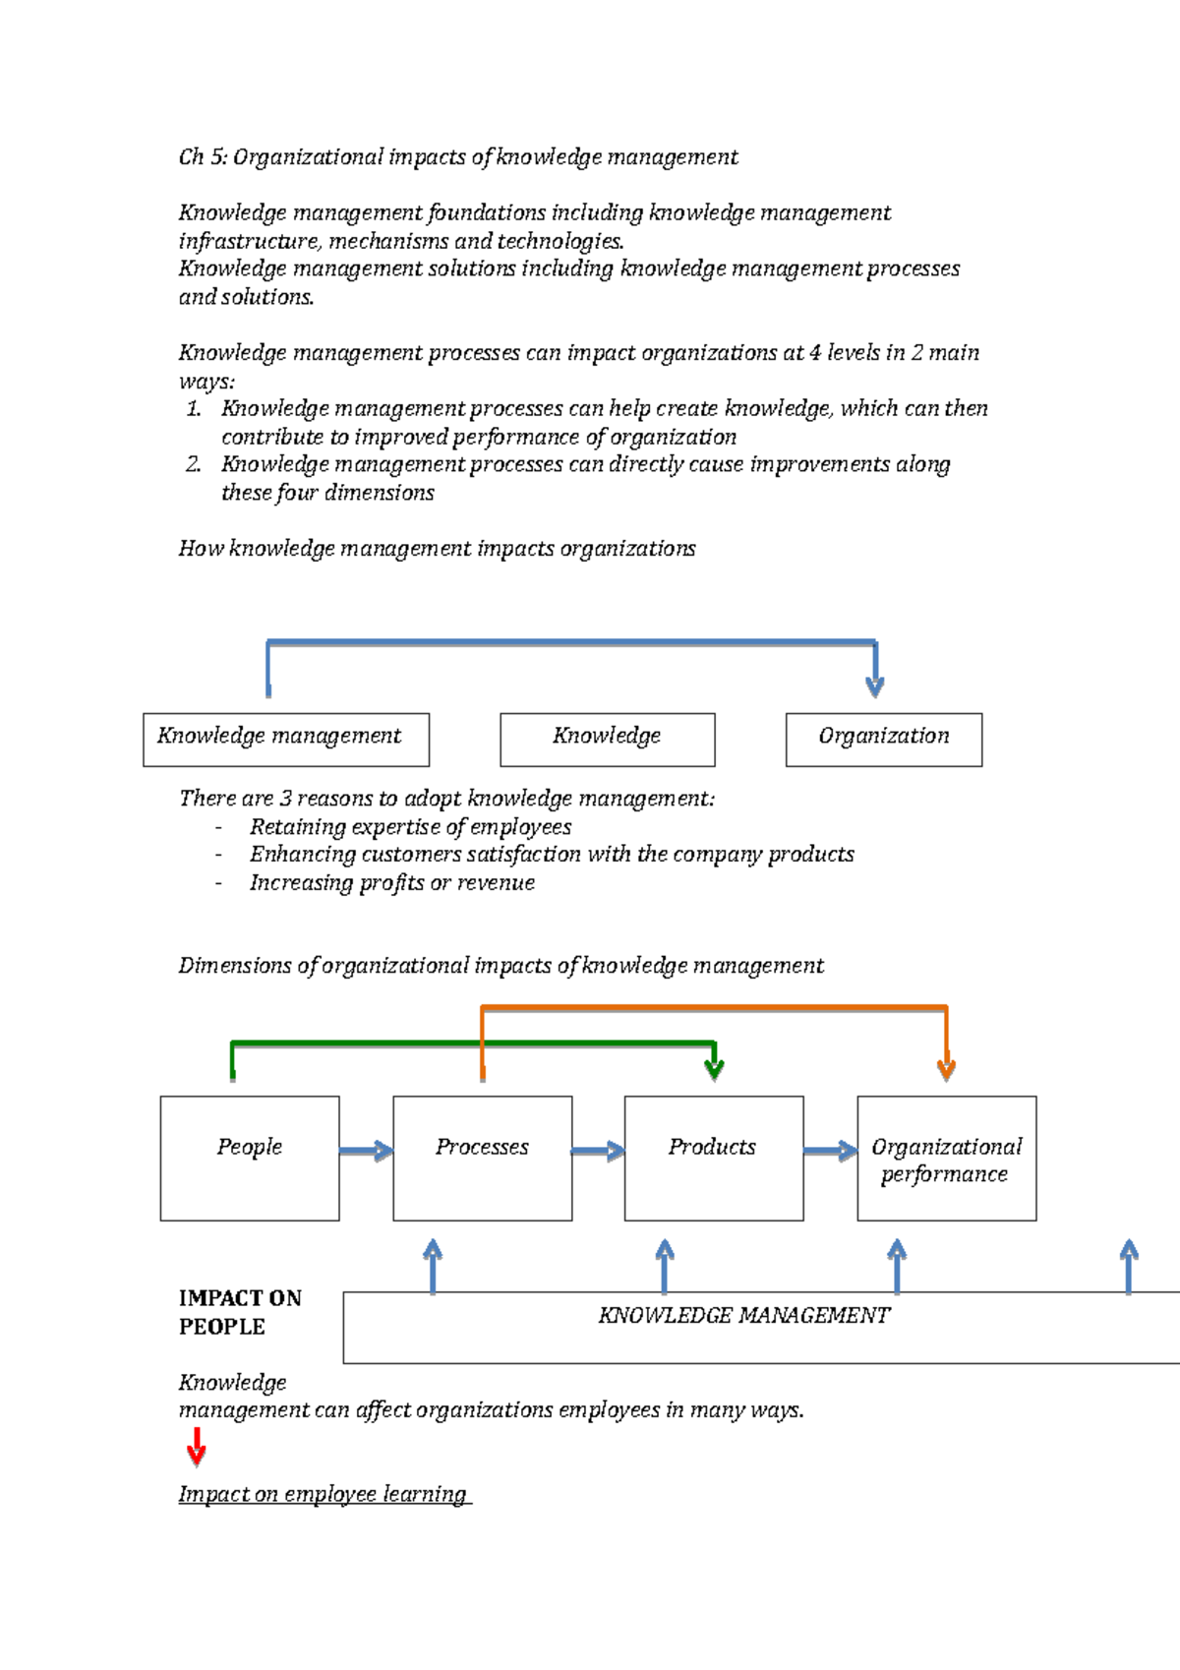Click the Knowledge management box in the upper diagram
(285, 740)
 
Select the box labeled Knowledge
(607, 740)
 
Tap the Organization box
(883, 740)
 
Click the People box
(250, 1159)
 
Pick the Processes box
(482, 1159)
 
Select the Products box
(713, 1159)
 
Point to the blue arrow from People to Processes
(367, 1151)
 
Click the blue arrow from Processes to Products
(598, 1151)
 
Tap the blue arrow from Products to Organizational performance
(831, 1151)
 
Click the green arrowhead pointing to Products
(715, 1069)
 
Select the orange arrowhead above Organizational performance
(946, 1069)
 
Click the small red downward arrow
(197, 1448)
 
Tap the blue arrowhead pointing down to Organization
(874, 686)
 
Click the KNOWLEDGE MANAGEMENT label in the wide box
(743, 1316)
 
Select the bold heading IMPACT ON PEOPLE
(240, 1312)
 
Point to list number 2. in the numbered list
(193, 464)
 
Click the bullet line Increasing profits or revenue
(391, 883)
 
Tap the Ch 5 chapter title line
(457, 157)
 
